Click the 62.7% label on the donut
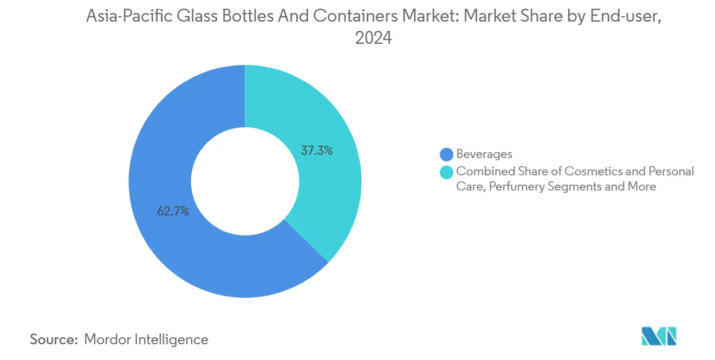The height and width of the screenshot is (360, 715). (173, 212)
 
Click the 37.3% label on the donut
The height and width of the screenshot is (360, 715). (316, 151)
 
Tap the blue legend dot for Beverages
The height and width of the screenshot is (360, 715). (447, 154)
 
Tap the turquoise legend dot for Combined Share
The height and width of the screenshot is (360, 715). (447, 172)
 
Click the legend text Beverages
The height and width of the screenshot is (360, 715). (484, 154)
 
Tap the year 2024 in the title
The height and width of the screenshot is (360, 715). (373, 38)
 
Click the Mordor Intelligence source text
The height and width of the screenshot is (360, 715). (146, 339)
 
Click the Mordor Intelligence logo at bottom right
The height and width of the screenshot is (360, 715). (659, 336)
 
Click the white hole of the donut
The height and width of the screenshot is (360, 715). (245, 181)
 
